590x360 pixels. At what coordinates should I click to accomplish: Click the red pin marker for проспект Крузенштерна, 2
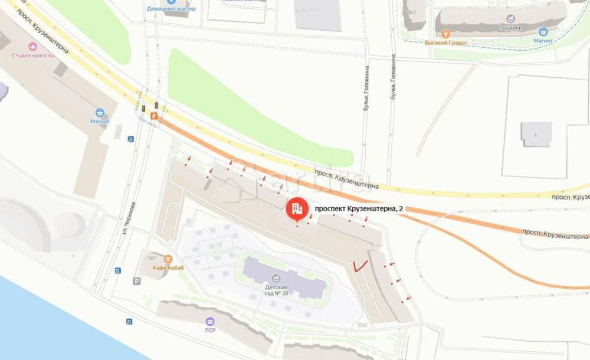297,209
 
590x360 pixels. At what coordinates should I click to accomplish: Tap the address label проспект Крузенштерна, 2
360,208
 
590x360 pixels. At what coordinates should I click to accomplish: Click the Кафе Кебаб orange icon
168,258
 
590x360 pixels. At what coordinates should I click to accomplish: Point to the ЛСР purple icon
210,321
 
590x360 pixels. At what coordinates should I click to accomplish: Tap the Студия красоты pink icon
32,46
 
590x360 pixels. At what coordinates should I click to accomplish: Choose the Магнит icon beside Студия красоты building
100,112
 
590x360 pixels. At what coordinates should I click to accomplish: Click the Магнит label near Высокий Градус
543,41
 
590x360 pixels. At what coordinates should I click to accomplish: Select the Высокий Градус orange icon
446,34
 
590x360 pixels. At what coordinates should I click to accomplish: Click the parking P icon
137,282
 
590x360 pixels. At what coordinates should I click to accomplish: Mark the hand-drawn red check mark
359,266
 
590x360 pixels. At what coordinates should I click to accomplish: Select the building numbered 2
536,134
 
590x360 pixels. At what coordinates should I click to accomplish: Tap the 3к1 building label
411,12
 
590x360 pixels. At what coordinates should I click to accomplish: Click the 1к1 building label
152,258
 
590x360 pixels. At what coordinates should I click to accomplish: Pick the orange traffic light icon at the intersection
153,116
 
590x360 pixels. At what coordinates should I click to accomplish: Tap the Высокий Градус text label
445,42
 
